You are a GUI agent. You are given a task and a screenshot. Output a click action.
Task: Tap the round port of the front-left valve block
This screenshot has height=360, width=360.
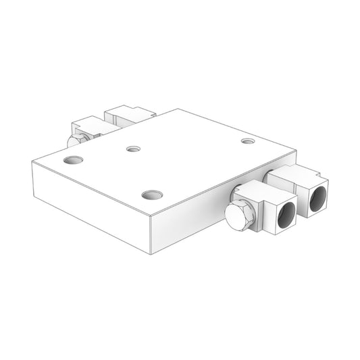tap(284, 214)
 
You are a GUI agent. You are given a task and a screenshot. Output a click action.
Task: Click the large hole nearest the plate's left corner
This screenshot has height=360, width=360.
tap(72, 161)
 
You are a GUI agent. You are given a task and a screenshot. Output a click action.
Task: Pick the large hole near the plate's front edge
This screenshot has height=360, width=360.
tap(153, 195)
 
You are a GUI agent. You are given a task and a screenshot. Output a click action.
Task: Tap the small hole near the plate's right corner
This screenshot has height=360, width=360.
tap(248, 142)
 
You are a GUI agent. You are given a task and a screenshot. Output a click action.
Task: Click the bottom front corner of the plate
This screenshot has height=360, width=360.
tap(150, 254)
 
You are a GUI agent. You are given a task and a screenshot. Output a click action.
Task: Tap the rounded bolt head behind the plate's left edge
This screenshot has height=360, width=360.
tap(73, 140)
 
